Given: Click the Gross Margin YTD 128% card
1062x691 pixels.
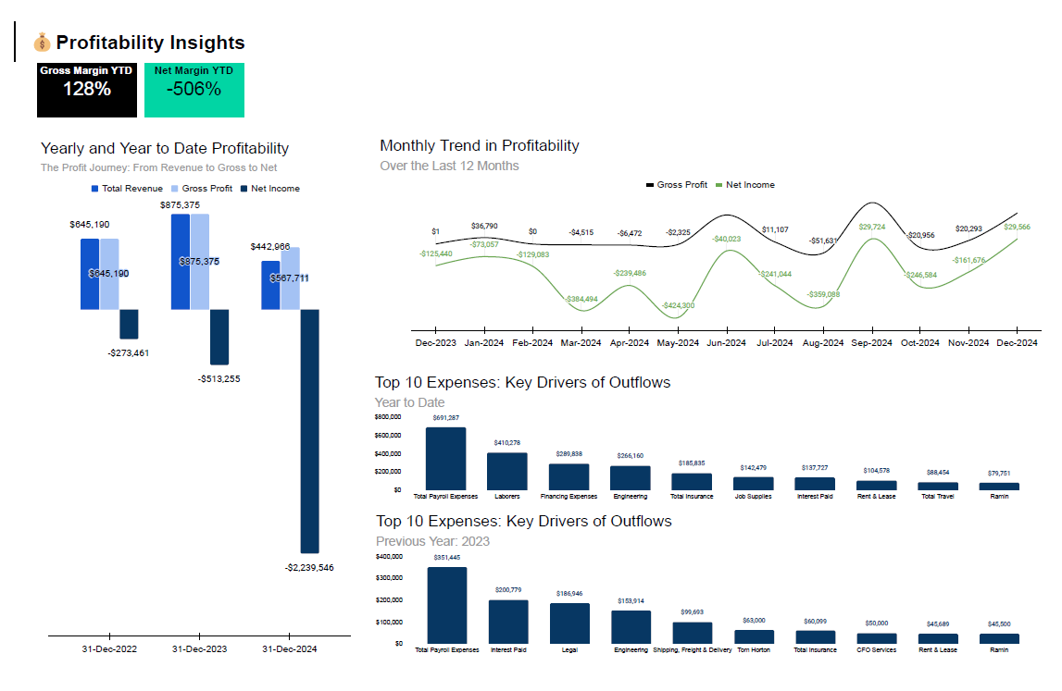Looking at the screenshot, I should [87, 90].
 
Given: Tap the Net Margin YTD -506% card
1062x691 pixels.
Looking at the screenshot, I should [194, 90].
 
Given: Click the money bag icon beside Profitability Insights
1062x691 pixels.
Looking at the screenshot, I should [43, 43].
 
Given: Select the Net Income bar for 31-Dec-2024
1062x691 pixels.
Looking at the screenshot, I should [309, 430].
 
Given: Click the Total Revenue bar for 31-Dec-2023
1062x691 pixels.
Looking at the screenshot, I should [181, 262].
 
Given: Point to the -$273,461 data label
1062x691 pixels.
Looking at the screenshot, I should [128, 352].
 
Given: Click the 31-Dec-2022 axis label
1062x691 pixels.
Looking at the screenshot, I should [109, 649].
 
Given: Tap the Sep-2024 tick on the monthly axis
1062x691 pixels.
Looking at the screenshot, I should [871, 343].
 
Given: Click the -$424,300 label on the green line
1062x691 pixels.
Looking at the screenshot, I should [678, 305].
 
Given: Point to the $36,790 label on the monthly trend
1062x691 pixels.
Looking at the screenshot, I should [484, 226].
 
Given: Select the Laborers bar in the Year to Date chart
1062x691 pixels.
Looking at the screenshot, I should [507, 471].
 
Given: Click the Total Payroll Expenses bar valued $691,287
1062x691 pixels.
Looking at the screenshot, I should [445, 459].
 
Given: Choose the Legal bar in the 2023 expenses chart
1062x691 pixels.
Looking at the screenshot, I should [570, 623].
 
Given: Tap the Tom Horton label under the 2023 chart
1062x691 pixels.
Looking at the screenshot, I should [755, 650].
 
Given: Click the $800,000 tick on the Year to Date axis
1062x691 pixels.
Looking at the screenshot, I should [388, 418].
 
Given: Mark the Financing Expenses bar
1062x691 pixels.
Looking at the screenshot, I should [568, 476].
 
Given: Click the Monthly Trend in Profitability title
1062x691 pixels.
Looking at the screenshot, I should [480, 145].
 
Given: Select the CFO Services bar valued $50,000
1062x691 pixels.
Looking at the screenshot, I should [877, 638].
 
